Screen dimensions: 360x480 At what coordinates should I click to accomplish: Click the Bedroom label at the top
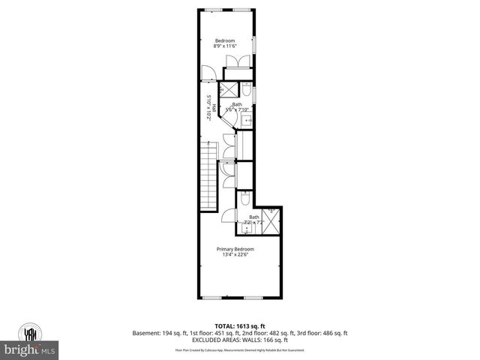[225, 40]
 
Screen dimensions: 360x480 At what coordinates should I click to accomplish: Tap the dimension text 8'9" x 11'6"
[225, 46]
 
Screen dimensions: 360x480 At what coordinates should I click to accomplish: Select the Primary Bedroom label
[235, 249]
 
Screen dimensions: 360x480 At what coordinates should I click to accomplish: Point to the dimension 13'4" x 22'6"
[235, 255]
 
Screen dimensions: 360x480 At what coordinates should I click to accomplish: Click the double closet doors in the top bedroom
[234, 62]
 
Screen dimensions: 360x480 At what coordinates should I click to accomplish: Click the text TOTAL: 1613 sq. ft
[239, 326]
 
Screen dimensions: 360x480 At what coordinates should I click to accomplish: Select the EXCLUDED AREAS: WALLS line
[239, 340]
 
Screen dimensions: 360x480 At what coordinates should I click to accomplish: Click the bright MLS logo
[30, 349]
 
